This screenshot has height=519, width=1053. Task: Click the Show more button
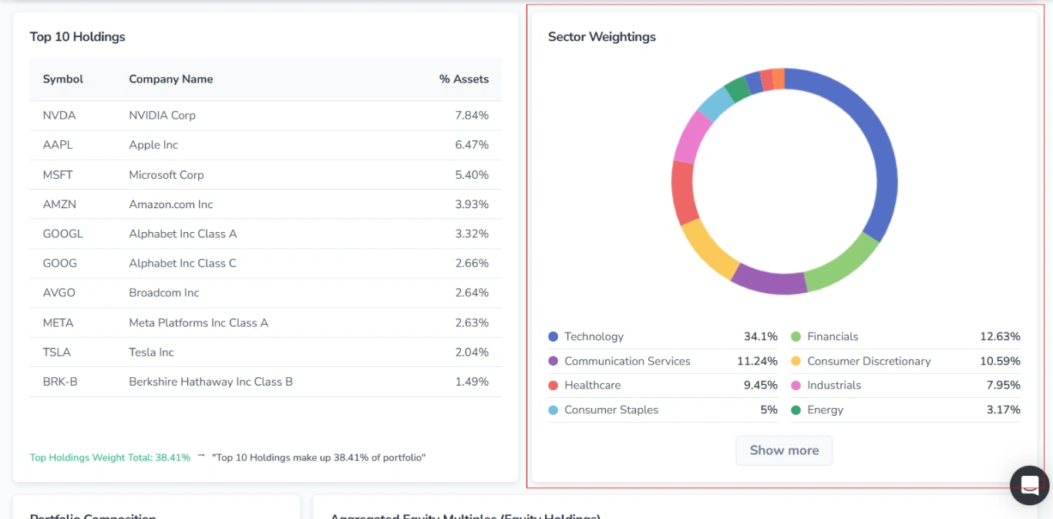(784, 450)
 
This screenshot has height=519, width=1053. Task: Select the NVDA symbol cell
(59, 116)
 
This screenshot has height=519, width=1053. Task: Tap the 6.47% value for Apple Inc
(471, 145)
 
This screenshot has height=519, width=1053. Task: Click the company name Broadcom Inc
(163, 293)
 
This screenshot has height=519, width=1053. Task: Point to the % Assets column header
(463, 79)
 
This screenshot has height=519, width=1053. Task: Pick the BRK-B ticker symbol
(60, 382)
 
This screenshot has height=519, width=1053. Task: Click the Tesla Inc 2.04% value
(471, 352)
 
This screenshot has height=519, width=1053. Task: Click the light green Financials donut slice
(842, 265)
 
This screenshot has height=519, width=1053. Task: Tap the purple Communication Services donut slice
(768, 280)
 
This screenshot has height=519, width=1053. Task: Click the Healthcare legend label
(592, 386)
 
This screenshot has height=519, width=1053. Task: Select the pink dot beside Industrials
(796, 386)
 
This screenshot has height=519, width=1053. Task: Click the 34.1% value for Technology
(760, 337)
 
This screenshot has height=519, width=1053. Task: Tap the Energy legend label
(825, 410)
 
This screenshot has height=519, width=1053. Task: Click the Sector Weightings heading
(601, 37)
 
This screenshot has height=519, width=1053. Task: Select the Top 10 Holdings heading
(77, 37)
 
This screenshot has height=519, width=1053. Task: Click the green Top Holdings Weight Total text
(109, 458)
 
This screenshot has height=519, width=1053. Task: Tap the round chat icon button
(1029, 485)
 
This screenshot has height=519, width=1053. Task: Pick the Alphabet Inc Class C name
(183, 264)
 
